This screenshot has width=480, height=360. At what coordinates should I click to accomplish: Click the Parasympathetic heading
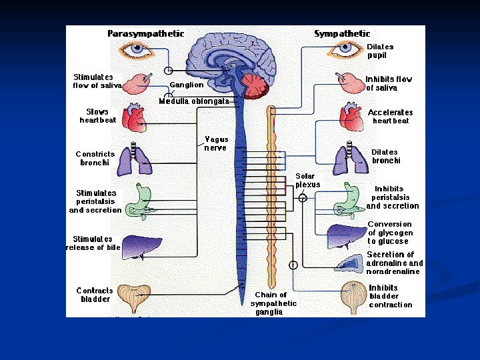pyautogui.click(x=146, y=33)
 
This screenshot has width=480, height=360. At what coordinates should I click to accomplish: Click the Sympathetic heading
pyautogui.click(x=342, y=33)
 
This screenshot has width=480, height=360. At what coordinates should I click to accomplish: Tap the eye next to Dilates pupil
pyautogui.click(x=347, y=48)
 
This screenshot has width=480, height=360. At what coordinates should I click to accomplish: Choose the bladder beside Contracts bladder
pyautogui.click(x=133, y=298)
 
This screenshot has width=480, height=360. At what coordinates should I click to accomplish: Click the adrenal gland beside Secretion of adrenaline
pyautogui.click(x=351, y=262)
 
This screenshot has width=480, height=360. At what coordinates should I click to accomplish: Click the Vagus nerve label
pyautogui.click(x=215, y=144)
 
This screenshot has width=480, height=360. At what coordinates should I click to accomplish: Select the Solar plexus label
pyautogui.click(x=308, y=180)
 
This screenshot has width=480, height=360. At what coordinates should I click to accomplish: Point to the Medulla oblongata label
pyautogui.click(x=194, y=101)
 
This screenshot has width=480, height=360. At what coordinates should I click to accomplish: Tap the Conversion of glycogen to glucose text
pyautogui.click(x=390, y=233)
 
